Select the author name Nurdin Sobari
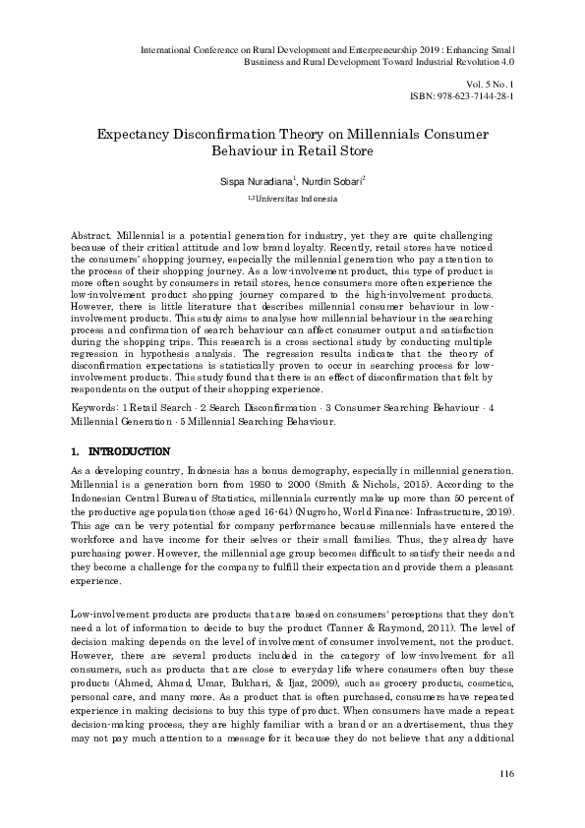[335, 181]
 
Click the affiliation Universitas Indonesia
[295, 198]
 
